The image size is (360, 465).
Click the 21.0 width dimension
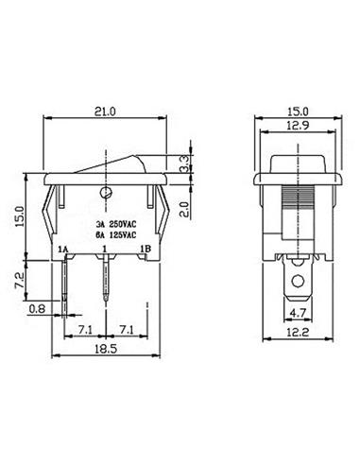point(105,112)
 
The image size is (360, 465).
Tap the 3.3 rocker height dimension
point(184,164)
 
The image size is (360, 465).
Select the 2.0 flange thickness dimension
point(184,209)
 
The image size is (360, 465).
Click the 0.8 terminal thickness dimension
point(37,308)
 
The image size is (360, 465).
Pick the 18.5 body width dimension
point(106,349)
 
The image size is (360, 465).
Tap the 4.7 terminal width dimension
point(298,313)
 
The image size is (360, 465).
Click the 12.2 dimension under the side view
point(298,332)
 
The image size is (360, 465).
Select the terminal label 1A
point(63,250)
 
